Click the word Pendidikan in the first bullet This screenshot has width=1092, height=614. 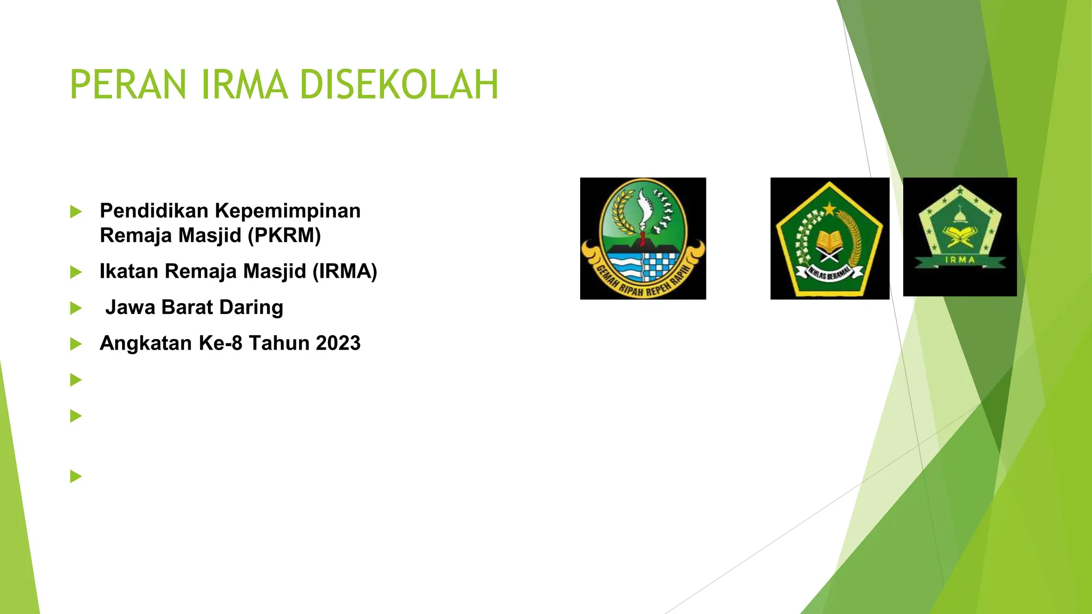(154, 211)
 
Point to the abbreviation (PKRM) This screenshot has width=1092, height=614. (285, 235)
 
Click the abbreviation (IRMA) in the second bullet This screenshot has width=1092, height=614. (345, 271)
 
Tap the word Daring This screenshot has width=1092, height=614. (251, 308)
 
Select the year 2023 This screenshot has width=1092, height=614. (338, 343)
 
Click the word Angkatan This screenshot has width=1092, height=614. (146, 343)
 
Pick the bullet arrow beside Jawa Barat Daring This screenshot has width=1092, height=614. (76, 309)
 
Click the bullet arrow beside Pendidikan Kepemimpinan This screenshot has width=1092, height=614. (76, 212)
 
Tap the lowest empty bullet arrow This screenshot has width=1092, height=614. (76, 476)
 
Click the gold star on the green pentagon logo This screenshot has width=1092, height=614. (830, 208)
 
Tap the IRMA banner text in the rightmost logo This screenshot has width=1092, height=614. (960, 260)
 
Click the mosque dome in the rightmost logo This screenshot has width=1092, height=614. (959, 216)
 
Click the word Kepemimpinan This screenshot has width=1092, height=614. (287, 211)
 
